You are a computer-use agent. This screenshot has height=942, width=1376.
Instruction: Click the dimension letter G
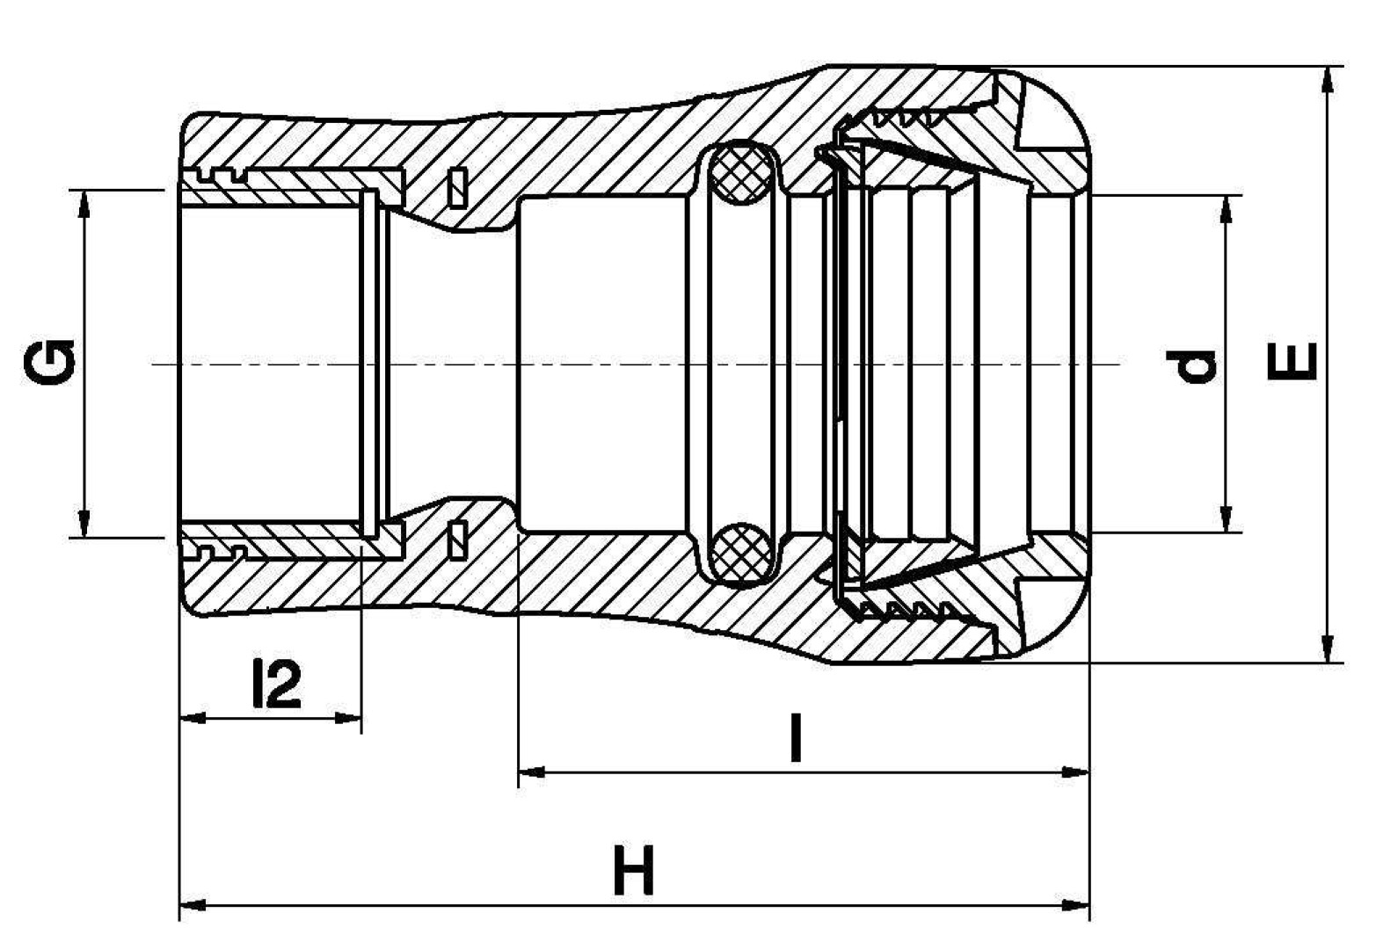(49, 363)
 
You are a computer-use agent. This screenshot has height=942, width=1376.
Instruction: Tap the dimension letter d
(1191, 366)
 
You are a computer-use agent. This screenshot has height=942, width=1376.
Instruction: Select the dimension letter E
(1292, 362)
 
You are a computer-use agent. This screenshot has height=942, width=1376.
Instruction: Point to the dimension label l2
(277, 683)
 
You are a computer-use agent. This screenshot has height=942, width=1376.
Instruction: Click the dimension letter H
(634, 870)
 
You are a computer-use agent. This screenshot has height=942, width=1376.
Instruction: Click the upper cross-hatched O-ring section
(741, 172)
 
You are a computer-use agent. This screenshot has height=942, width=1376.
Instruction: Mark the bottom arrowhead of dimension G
(84, 522)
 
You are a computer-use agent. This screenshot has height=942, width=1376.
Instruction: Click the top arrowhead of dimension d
(1226, 210)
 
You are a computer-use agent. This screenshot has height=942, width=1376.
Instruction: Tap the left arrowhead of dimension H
(193, 905)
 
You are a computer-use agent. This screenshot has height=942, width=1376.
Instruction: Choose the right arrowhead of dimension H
(1075, 905)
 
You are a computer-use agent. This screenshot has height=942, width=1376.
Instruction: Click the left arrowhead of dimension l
(532, 772)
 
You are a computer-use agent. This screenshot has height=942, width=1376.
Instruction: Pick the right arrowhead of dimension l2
(347, 717)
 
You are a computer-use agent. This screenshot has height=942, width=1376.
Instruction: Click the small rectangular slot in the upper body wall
(458, 186)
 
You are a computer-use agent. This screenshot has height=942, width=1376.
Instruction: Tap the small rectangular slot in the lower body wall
(458, 540)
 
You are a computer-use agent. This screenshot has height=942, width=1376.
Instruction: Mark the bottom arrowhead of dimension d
(1226, 518)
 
